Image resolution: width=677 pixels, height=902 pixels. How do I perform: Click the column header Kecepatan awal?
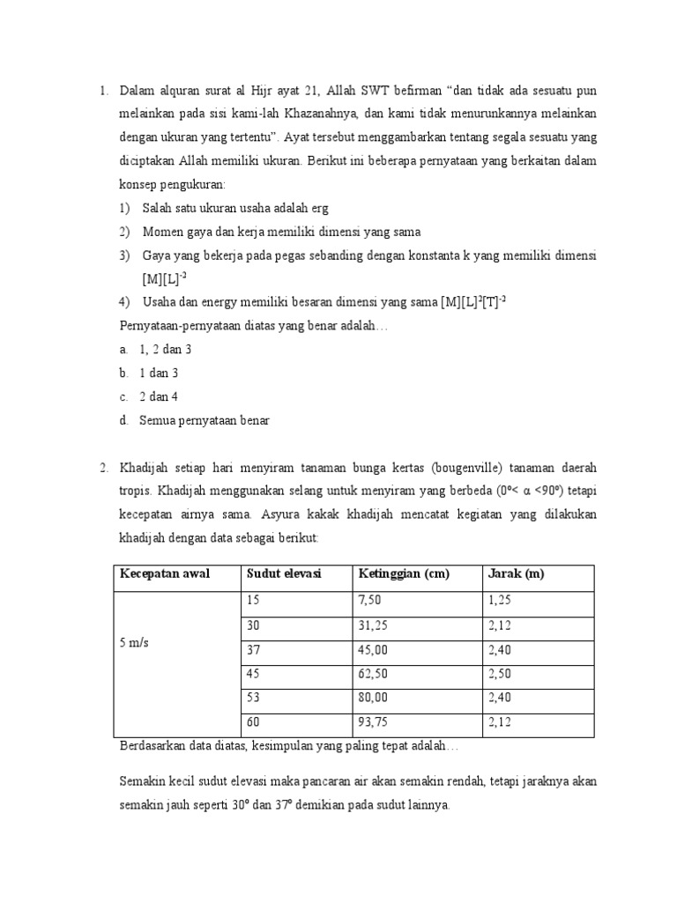pos(164,575)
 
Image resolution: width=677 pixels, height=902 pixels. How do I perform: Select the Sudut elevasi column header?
pos(284,575)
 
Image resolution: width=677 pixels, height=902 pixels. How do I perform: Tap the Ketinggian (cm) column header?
pos(404,575)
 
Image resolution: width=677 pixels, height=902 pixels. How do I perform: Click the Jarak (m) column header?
pos(516,575)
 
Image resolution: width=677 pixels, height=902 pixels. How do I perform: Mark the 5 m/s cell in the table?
pos(134,643)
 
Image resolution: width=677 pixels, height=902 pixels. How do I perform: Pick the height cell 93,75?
pos(373,723)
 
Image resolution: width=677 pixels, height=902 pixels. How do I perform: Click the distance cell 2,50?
pos(499,674)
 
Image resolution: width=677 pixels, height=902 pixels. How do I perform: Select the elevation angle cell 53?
pos(254,699)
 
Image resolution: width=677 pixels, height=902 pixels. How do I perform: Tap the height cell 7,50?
pos(370,600)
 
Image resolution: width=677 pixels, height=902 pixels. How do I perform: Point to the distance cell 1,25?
pos(499,600)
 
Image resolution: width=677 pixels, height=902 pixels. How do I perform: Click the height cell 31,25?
pos(373,625)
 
